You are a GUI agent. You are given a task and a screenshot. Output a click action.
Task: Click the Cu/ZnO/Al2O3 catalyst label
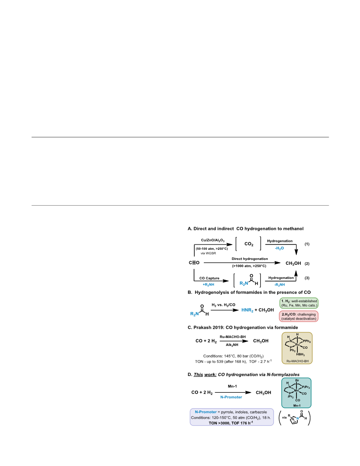[213, 241]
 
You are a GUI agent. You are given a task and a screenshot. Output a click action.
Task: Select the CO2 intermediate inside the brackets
[249, 244]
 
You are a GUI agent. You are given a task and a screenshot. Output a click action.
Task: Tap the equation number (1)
[307, 244]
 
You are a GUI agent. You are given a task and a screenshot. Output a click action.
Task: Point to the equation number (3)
[307, 278]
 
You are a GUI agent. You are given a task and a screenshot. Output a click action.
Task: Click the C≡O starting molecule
[194, 263]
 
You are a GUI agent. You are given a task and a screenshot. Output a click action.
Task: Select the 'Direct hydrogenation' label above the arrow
[250, 259]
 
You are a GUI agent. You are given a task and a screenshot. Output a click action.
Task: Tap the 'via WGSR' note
[208, 253]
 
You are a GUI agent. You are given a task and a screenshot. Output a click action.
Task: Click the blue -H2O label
[280, 248]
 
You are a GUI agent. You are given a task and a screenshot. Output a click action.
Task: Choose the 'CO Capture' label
[210, 278]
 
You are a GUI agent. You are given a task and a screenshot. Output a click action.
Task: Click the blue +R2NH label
[209, 285]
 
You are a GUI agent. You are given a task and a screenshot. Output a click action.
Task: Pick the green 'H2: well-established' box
[299, 303]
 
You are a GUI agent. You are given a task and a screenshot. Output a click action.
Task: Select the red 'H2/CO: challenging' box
[299, 316]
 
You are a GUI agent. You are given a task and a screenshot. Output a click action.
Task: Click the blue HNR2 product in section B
[247, 310]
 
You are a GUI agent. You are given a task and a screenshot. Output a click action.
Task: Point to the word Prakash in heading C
[202, 327]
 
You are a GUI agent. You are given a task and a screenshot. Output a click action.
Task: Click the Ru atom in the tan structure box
[297, 345]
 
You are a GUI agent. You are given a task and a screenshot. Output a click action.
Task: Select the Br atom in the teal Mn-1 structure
[297, 380]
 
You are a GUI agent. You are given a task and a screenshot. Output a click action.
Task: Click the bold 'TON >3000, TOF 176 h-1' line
[231, 423]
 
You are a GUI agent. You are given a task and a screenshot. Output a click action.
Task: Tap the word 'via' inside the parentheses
[284, 417]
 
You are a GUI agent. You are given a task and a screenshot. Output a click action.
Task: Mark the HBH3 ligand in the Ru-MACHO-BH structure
[300, 354]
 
